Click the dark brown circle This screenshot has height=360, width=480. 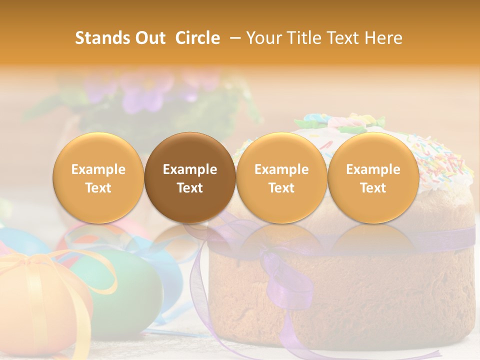[190, 177]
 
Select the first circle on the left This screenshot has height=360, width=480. [98, 177]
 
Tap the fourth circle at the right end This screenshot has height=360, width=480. [373, 177]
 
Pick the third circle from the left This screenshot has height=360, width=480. [281, 177]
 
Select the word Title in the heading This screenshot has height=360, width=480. [304, 38]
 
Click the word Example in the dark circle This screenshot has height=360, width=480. [190, 169]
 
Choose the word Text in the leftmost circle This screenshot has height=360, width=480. [98, 188]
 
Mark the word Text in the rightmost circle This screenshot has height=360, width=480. [373, 188]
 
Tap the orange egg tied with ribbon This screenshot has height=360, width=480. [40, 305]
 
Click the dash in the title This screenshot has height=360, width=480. [233, 38]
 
